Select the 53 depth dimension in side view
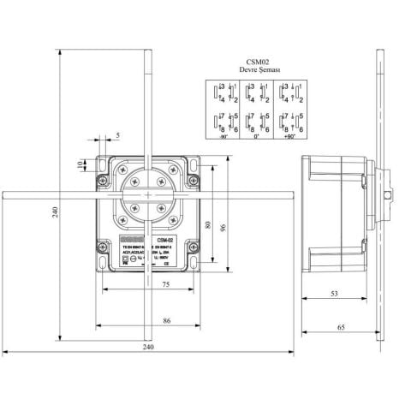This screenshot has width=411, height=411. point(333,294)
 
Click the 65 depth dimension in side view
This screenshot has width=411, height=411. point(340,327)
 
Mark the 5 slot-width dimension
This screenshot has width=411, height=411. point(117,134)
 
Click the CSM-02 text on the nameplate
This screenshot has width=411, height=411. point(167,241)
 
